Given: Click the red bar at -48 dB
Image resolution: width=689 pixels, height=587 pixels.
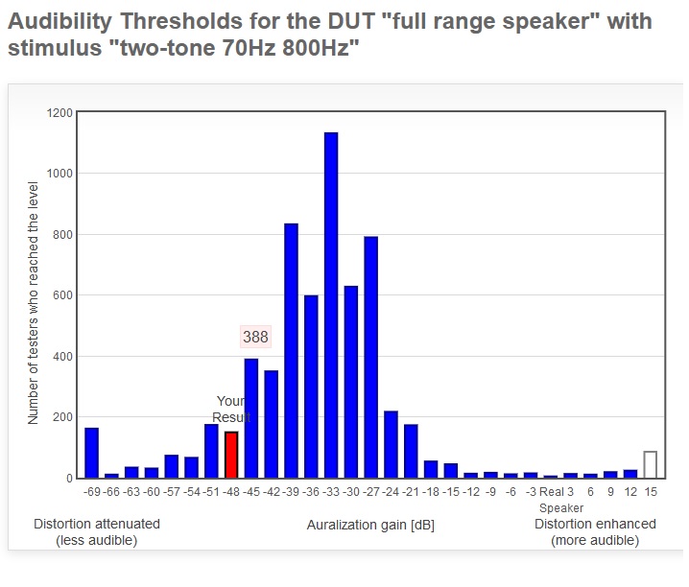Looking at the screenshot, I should pos(231,455).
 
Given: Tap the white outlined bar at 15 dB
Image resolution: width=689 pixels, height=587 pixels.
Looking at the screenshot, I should pos(650,464).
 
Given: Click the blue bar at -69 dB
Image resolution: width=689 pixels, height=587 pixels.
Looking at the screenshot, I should pos(92,453).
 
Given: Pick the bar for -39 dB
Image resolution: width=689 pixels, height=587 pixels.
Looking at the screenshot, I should pos(291,350).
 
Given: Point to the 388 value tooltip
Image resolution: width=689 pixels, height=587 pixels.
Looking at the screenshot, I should pos(255,337).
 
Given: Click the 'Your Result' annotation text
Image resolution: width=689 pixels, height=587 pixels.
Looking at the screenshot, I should pos(231,409).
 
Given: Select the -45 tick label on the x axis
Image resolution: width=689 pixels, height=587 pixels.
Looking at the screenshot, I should pos(251,491).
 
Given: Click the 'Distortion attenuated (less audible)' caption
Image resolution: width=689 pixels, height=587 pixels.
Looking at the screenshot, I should pos(97,532).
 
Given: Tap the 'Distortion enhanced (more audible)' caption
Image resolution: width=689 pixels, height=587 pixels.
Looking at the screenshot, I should pos(595,532).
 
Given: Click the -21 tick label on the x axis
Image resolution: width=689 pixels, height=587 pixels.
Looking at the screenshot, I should pos(411,491).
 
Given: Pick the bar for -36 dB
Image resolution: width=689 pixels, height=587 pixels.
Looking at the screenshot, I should pos(311,387).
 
